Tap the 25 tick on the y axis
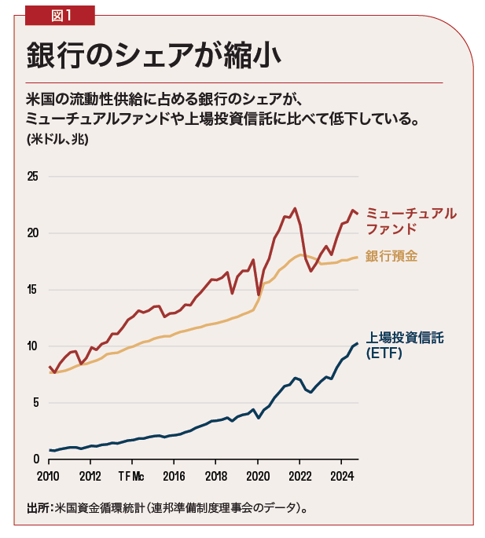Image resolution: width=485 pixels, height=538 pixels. pyautogui.click(x=32, y=176)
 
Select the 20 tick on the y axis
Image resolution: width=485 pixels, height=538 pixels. pyautogui.click(x=32, y=232)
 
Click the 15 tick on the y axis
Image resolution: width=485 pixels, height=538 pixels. pyautogui.click(x=32, y=289)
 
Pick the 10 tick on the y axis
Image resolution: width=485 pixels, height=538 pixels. pyautogui.click(x=32, y=346)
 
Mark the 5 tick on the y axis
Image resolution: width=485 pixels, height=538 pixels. pyautogui.click(x=35, y=403)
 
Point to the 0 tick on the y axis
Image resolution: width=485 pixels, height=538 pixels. pyautogui.click(x=35, y=459)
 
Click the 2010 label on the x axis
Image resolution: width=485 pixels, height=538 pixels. pyautogui.click(x=49, y=476)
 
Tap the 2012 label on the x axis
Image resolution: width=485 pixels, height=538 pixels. pyautogui.click(x=90, y=476)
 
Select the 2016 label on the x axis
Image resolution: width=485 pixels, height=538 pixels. pyautogui.click(x=174, y=476)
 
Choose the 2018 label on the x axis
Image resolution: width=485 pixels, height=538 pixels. pyautogui.click(x=215, y=476)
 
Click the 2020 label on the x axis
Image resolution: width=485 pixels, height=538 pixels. pyautogui.click(x=257, y=476)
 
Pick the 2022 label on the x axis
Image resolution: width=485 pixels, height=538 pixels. pyautogui.click(x=299, y=476)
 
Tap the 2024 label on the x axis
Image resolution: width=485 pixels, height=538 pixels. pyautogui.click(x=341, y=476)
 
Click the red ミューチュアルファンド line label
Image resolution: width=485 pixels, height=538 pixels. pyautogui.click(x=410, y=221)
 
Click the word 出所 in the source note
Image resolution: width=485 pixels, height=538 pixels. pyautogui.click(x=36, y=507)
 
